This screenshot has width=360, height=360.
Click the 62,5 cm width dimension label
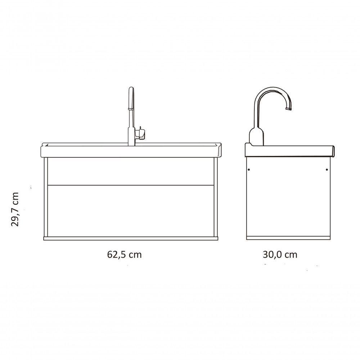pyautogui.click(x=124, y=255)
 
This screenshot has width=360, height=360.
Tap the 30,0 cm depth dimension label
pyautogui.click(x=280, y=255)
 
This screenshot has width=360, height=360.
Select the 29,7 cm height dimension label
pyautogui.click(x=15, y=209)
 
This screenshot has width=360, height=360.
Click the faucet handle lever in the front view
pyautogui.click(x=142, y=134)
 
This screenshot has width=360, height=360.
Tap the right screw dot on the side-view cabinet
pyautogui.click(x=327, y=169)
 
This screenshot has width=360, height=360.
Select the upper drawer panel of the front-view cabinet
pyautogui.click(x=131, y=171)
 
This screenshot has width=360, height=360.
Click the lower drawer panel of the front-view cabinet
pyautogui.click(x=131, y=211)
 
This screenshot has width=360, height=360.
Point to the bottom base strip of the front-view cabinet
pyautogui.click(x=131, y=238)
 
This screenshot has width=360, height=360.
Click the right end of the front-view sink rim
pyautogui.click(x=219, y=150)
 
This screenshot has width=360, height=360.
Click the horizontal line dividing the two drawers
pyautogui.click(x=131, y=185)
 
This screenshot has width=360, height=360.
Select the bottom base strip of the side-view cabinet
pyautogui.click(x=288, y=238)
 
